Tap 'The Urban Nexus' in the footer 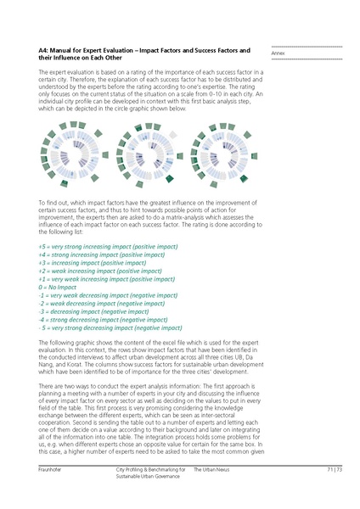[x=211, y=469]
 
